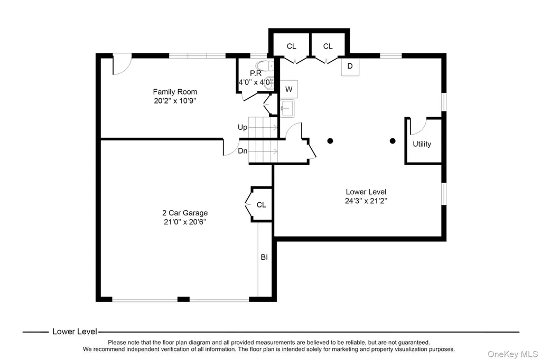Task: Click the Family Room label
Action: tap(175, 92)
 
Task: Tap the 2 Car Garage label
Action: tap(185, 213)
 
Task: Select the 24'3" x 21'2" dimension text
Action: tap(366, 201)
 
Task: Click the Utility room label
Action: tap(422, 144)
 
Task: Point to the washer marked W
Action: tap(289, 89)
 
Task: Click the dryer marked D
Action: tap(350, 66)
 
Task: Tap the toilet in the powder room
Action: tap(265, 65)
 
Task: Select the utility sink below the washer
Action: tap(287, 108)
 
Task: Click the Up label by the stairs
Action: tap(242, 128)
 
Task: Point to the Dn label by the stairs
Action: tap(242, 150)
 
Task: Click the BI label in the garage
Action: tap(264, 257)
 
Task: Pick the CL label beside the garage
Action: tap(261, 205)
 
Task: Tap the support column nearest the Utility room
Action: tap(393, 141)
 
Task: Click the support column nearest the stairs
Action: tap(330, 141)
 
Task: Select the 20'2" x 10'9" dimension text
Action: tap(175, 101)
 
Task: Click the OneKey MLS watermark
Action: tap(512, 354)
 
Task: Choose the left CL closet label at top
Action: tap(292, 46)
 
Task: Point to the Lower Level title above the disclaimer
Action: tap(74, 331)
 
